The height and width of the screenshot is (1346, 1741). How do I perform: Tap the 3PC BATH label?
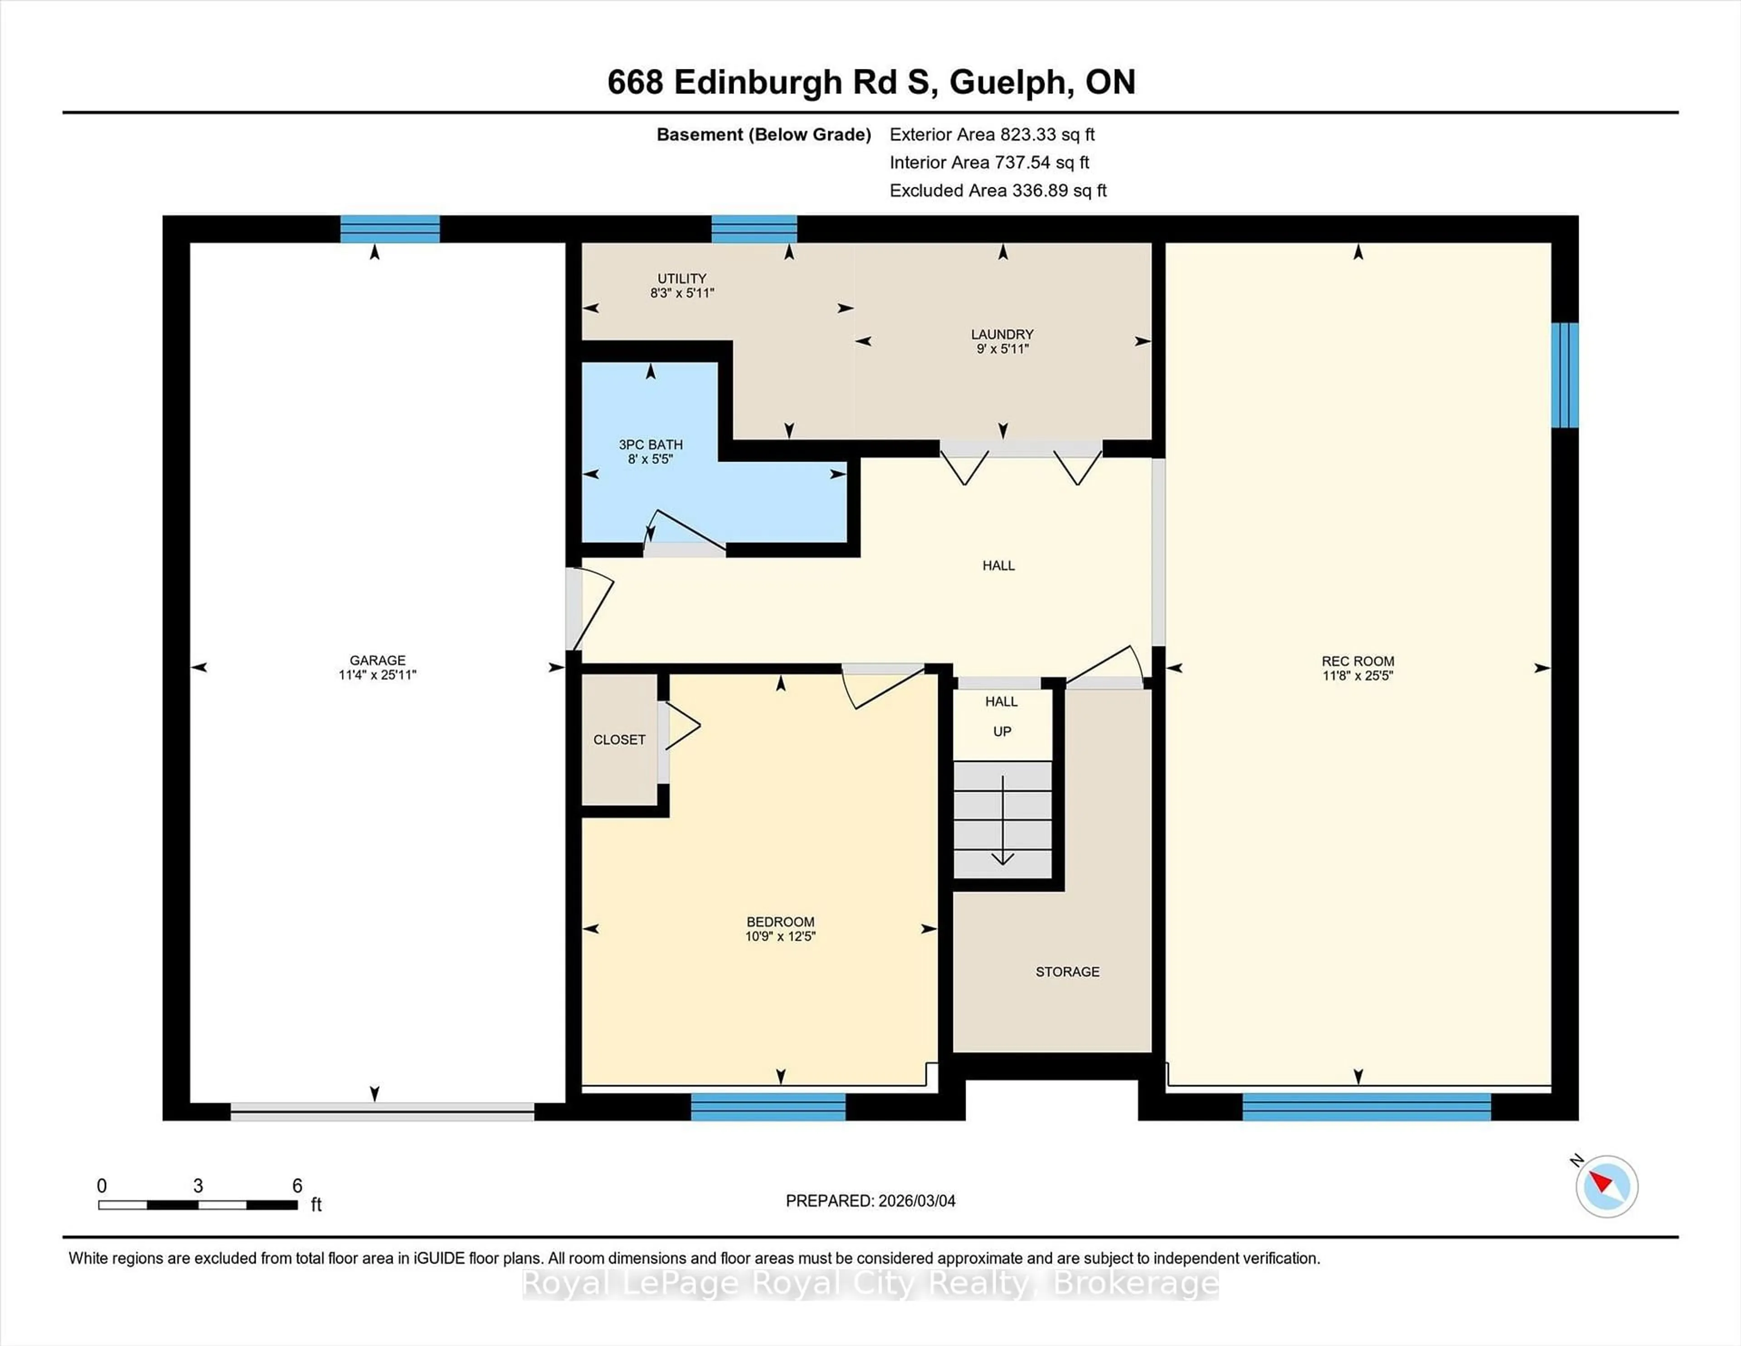coord(651,444)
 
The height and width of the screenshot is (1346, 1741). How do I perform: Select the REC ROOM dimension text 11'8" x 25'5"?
coord(1357,675)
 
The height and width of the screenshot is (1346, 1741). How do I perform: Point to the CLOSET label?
coord(618,739)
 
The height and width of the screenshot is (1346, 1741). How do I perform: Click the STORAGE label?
coord(1067,971)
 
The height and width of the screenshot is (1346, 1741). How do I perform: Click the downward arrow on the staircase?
coord(1002,821)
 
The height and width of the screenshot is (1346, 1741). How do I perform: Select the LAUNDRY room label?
coord(1002,334)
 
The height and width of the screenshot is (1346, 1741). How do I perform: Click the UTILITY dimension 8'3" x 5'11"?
coord(681,293)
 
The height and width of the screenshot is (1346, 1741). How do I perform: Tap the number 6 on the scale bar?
coord(297,1186)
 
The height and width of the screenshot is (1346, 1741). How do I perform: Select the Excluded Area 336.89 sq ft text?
coord(998,190)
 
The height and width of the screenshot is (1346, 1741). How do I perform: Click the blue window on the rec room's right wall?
coord(1564,375)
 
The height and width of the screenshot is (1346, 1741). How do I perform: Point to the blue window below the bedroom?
coord(768,1107)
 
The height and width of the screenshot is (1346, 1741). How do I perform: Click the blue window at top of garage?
coord(390,229)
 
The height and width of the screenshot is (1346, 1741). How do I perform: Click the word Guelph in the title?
coord(1008,82)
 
